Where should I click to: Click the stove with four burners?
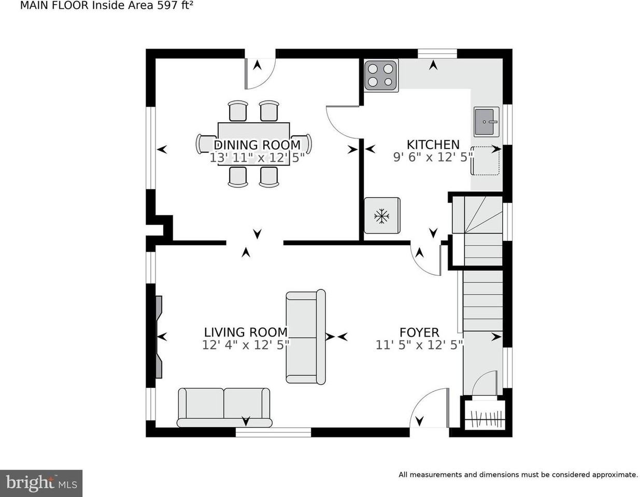click(381, 76)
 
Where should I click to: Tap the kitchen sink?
click(486, 122)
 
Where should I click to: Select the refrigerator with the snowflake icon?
click(382, 215)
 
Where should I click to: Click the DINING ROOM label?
click(257, 144)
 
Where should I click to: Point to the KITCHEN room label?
click(433, 144)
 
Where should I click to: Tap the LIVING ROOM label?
click(245, 332)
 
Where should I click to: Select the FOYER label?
click(419, 332)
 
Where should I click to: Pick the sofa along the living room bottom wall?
click(224, 407)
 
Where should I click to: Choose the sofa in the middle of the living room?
click(306, 337)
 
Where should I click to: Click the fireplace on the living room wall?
click(159, 337)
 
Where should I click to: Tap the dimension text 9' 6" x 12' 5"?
click(433, 157)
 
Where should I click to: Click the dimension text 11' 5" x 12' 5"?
click(419, 344)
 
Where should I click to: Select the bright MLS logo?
click(41, 483)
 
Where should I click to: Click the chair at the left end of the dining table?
click(204, 143)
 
